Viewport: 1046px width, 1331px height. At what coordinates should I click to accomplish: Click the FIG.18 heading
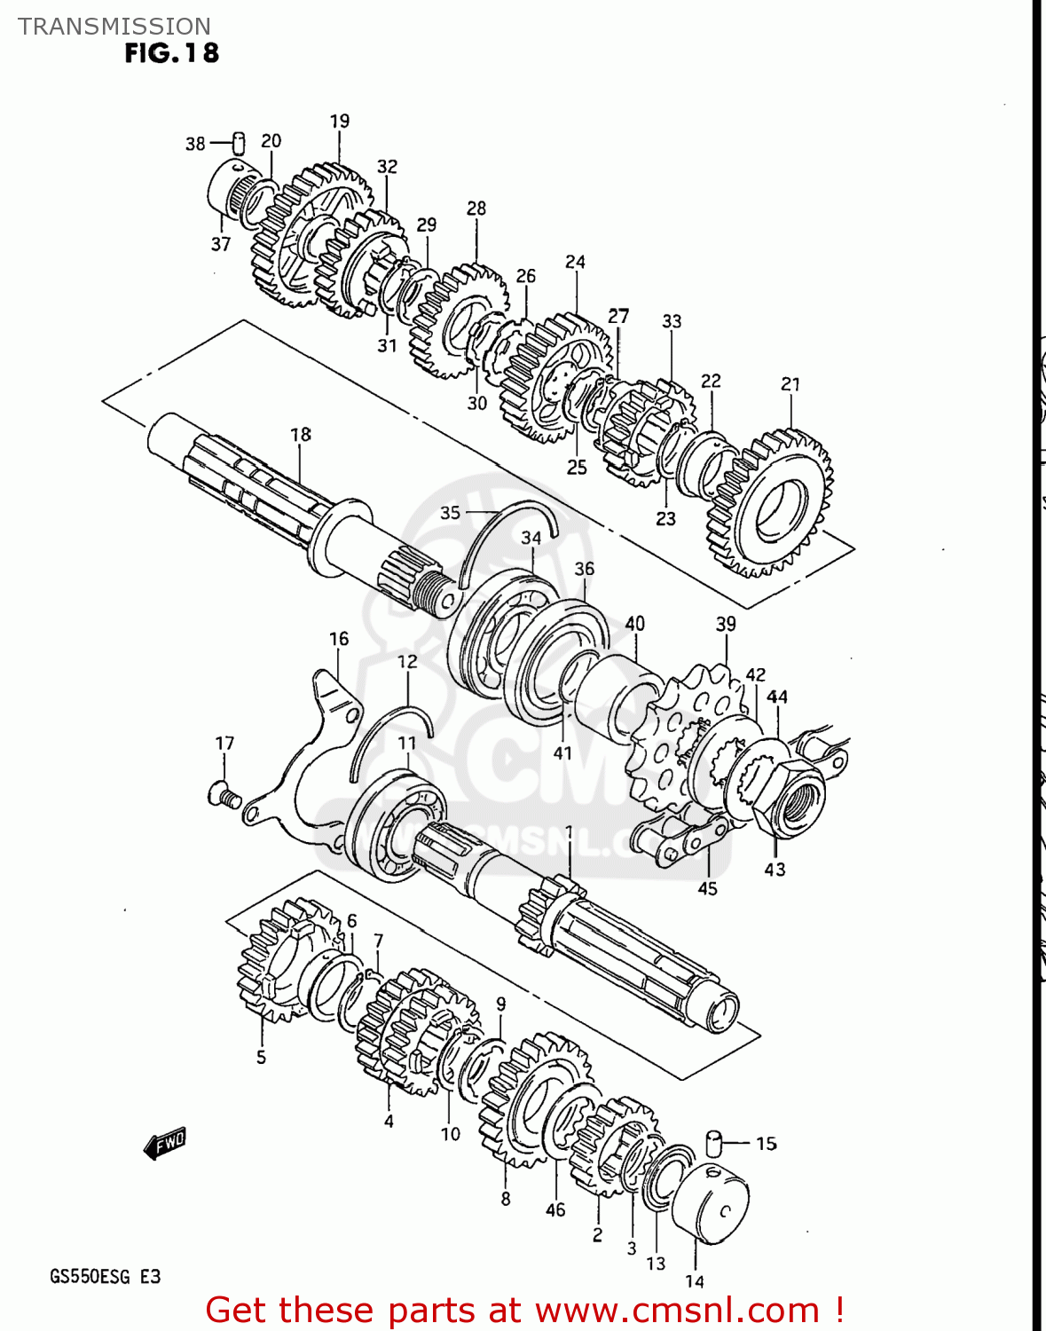pyautogui.click(x=171, y=53)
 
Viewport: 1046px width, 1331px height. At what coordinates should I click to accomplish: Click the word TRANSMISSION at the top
pyautogui.click(x=114, y=26)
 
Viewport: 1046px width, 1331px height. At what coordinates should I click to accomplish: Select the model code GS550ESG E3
pyautogui.click(x=105, y=1276)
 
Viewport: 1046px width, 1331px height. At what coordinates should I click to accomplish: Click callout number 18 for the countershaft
pyautogui.click(x=301, y=434)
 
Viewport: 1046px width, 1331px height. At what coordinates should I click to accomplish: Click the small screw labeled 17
pyautogui.click(x=224, y=794)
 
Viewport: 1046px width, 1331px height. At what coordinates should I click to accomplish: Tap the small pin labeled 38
pyautogui.click(x=238, y=142)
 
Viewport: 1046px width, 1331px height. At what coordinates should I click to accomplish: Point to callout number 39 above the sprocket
pyautogui.click(x=726, y=624)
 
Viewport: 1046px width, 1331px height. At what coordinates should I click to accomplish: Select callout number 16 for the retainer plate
pyautogui.click(x=339, y=639)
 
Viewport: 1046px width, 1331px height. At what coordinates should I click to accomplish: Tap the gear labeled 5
pyautogui.click(x=275, y=963)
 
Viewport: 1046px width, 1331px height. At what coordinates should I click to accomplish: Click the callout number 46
pyautogui.click(x=555, y=1209)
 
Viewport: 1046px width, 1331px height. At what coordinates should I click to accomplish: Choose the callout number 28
pyautogui.click(x=476, y=208)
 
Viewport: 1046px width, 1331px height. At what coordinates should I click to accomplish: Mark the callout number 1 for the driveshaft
pyautogui.click(x=569, y=831)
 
